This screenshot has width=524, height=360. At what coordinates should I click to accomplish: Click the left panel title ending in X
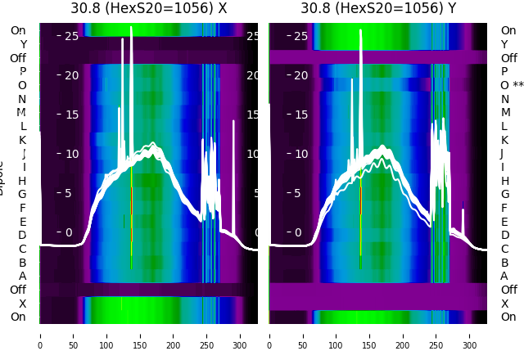coord(148,8)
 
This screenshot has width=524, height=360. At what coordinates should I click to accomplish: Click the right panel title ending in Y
coord(377,8)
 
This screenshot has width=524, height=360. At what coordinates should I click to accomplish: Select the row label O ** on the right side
coord(512,85)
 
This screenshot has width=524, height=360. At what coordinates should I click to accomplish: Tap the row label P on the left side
coord(22,71)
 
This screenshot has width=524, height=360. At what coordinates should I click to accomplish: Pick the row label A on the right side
coord(504,276)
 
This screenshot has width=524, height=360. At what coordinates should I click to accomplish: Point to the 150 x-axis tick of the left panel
coord(140,335)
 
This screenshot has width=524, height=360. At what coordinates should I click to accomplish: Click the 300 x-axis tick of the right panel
coord(469,335)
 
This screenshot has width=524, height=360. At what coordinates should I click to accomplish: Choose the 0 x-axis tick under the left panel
coord(40,335)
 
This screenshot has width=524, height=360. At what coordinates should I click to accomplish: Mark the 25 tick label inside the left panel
coord(70,36)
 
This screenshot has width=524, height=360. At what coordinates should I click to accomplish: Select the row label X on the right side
coord(504,304)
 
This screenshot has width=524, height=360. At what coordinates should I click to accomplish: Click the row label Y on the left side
coord(22,44)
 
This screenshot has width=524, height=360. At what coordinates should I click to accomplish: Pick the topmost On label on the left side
coord(18,30)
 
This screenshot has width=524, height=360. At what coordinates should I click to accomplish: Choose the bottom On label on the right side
coord(508,317)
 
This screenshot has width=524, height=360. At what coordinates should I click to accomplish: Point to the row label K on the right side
coord(504,140)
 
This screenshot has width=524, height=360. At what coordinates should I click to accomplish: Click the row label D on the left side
coord(22,235)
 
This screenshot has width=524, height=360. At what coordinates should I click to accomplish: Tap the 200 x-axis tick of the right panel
coord(403,335)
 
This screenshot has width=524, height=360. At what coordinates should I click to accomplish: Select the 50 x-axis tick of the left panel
coord(74,335)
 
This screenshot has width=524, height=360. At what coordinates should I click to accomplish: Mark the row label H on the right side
coord(504,181)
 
